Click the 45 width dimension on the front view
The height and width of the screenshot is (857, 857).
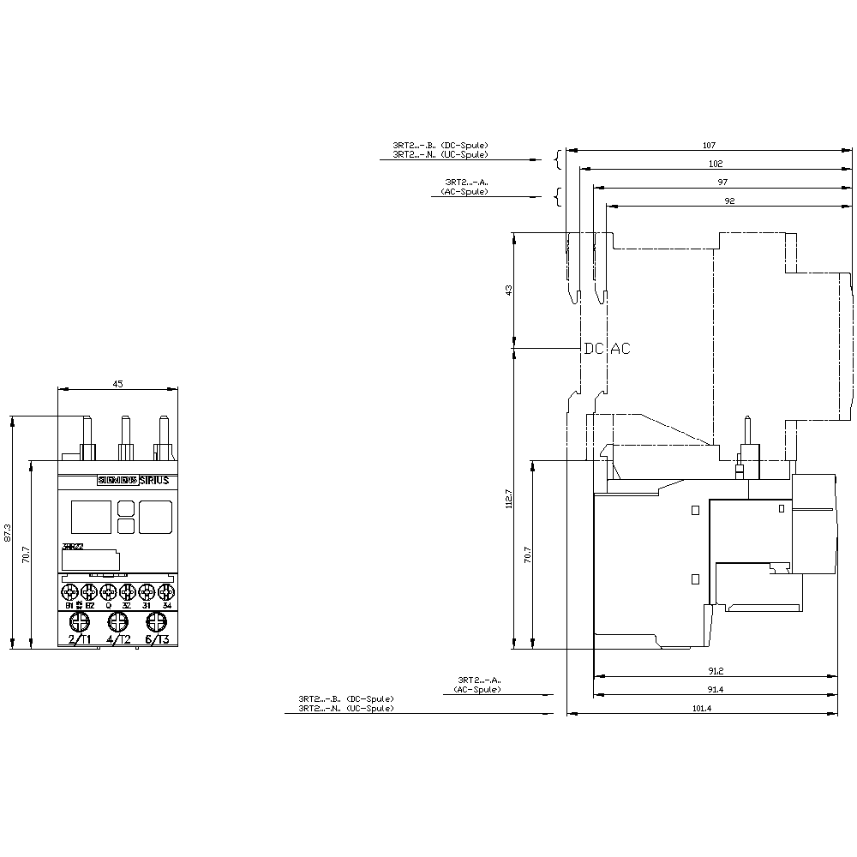click(117, 384)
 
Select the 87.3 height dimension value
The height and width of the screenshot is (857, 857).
click(8, 532)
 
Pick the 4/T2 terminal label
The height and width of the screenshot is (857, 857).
click(118, 639)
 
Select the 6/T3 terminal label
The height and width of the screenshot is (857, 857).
click(157, 639)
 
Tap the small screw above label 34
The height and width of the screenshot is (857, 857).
click(166, 591)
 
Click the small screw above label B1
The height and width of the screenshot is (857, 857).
click(69, 591)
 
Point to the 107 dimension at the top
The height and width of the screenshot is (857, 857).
click(709, 145)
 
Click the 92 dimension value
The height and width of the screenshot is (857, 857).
click(729, 201)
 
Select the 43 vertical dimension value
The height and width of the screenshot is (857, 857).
click(508, 291)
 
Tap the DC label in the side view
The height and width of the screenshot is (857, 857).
click(594, 349)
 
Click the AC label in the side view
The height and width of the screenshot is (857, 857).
click(620, 349)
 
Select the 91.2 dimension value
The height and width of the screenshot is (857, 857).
click(716, 670)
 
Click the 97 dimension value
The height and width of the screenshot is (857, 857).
click(722, 182)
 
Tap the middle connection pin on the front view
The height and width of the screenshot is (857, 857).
click(125, 438)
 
